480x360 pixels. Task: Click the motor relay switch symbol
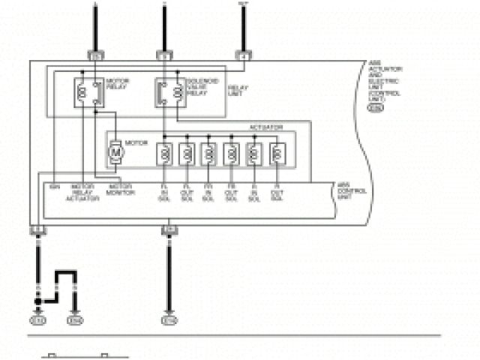89,92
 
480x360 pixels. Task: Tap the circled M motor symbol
115,153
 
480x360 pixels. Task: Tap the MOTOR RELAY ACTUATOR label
82,193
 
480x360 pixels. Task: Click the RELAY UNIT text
238,89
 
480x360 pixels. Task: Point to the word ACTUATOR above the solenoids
267,128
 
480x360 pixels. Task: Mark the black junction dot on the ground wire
38,301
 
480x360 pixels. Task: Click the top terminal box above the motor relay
94,55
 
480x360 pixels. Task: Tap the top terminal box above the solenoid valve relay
164,55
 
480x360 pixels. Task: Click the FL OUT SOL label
187,193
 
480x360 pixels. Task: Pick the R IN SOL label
254,193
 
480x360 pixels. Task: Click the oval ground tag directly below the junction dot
38,320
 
